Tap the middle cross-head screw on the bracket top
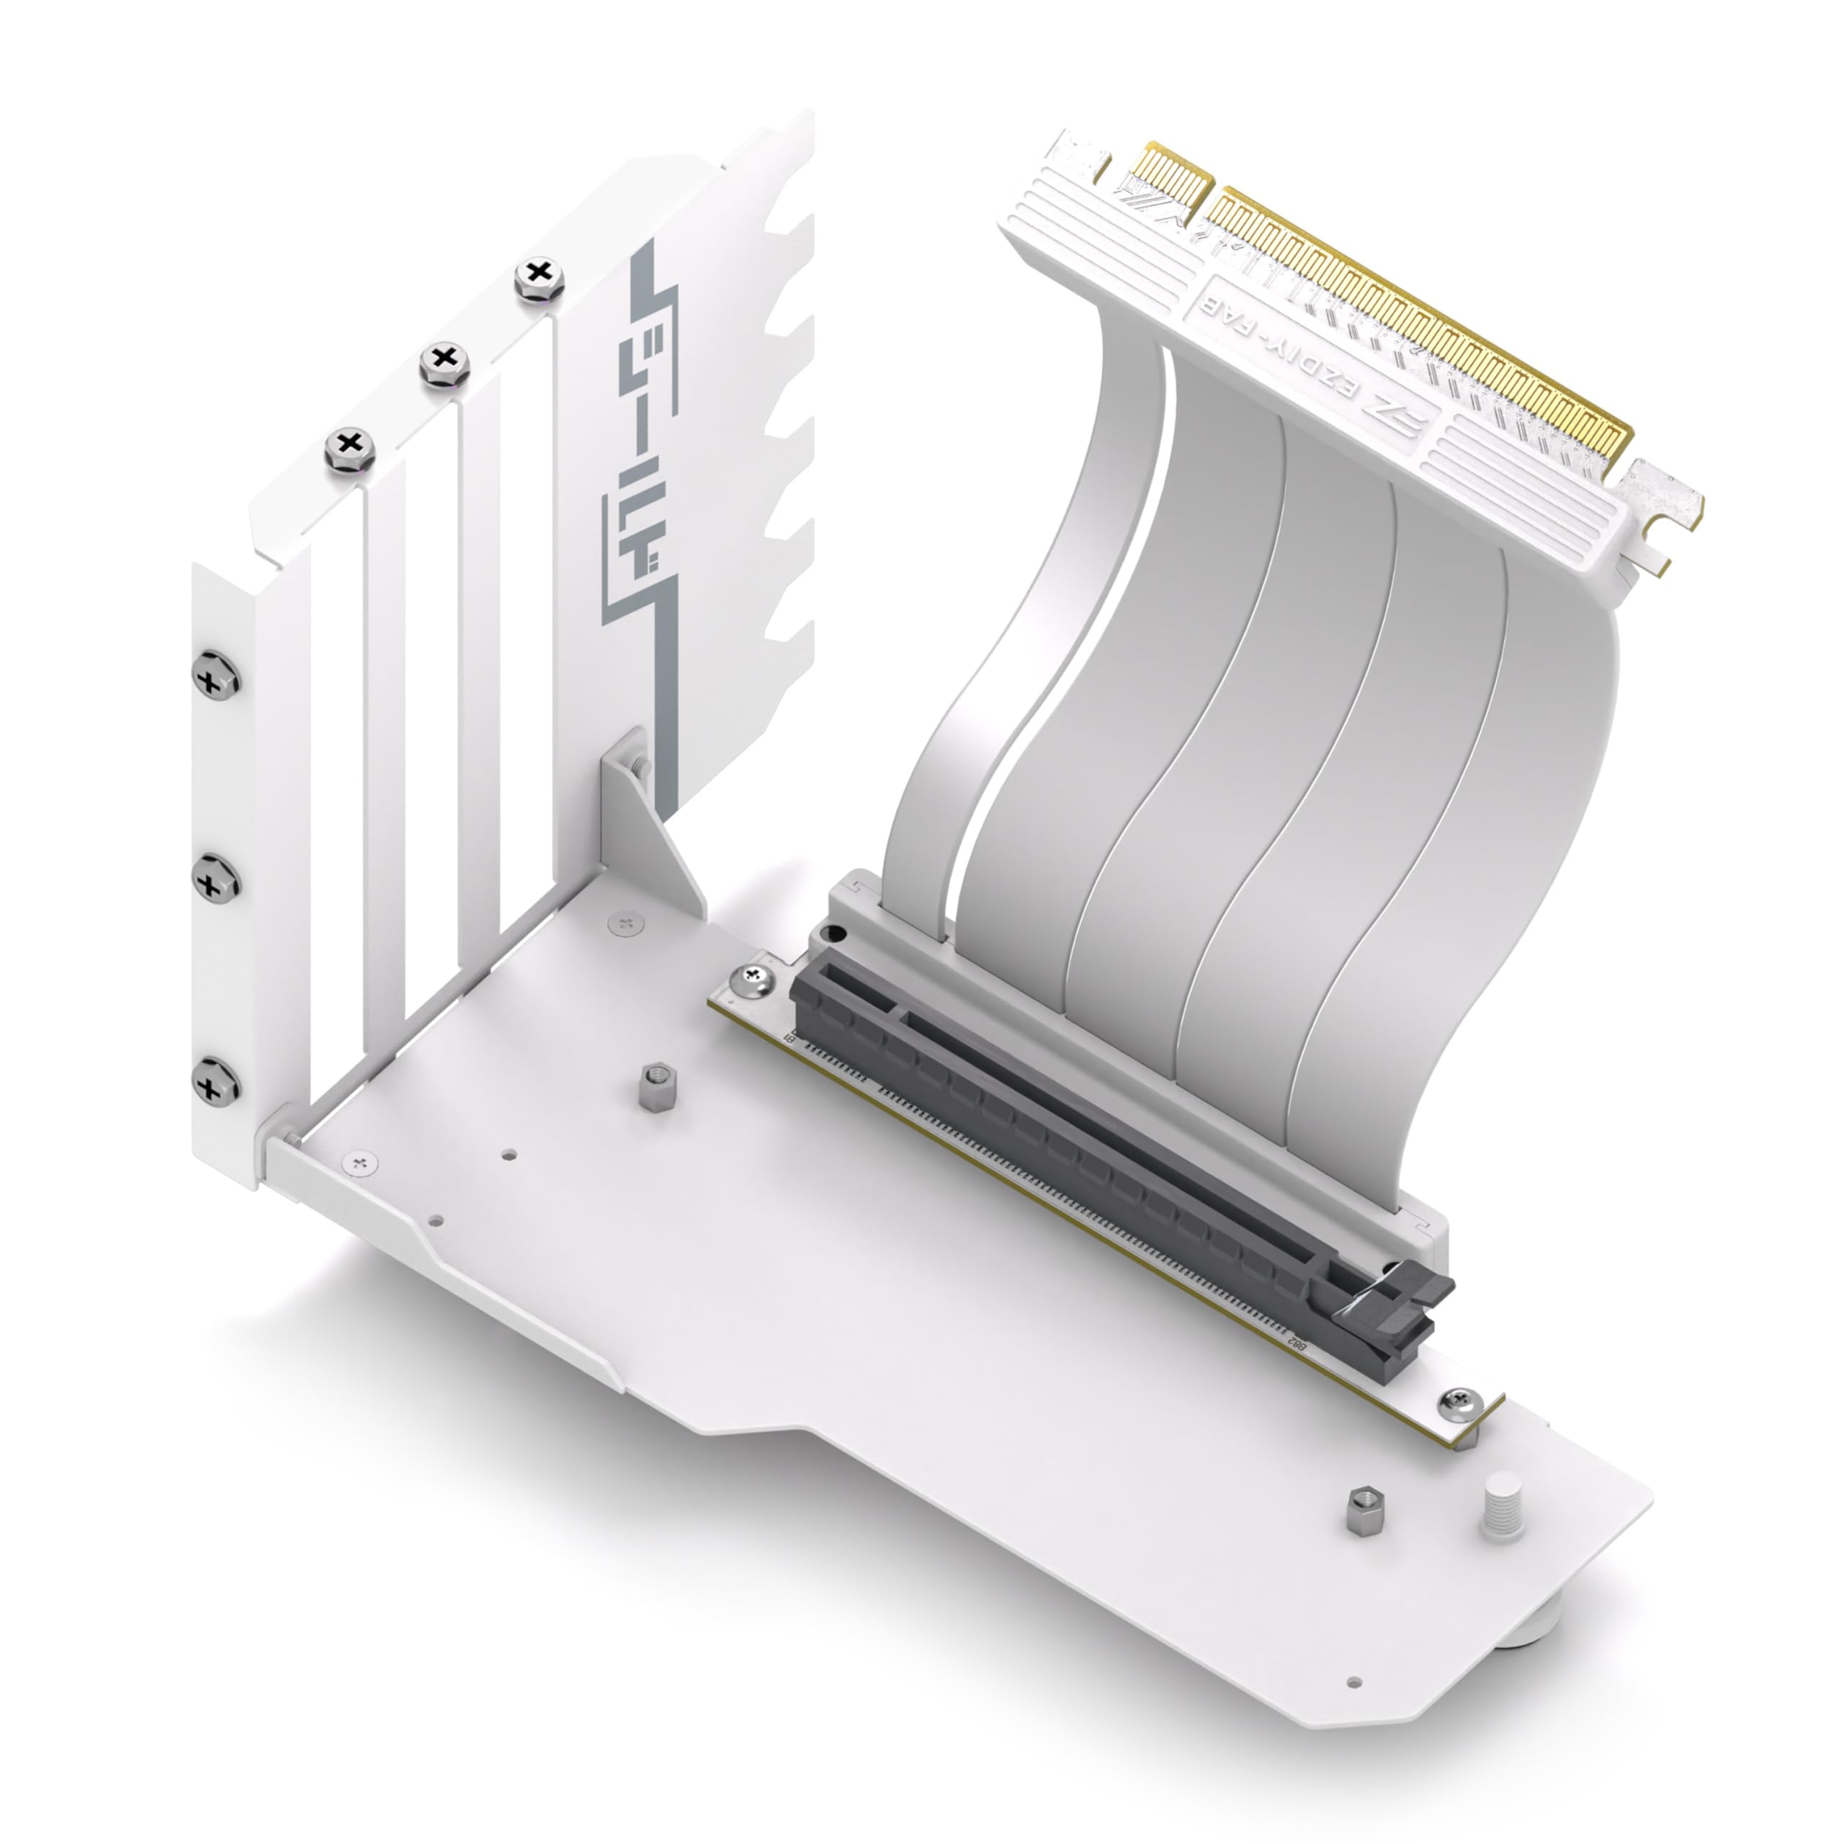(x=444, y=360)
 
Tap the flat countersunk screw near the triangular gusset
(x=626, y=922)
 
